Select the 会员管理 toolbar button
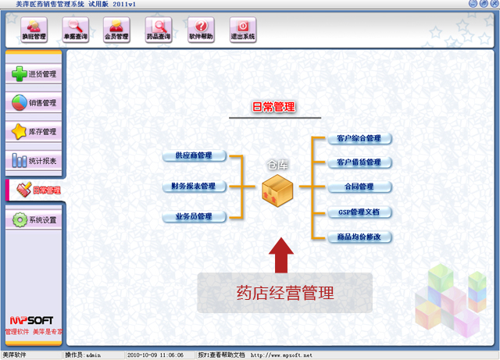[116, 30]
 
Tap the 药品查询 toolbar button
[159, 30]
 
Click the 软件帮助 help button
[201, 30]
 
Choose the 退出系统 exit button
[243, 30]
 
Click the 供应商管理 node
[194, 156]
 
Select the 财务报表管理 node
[193, 187]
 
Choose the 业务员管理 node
[194, 216]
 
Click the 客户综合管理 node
[359, 139]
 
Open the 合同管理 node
[359, 187]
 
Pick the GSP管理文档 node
[359, 212]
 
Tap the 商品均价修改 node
[359, 237]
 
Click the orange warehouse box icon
[277, 189]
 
